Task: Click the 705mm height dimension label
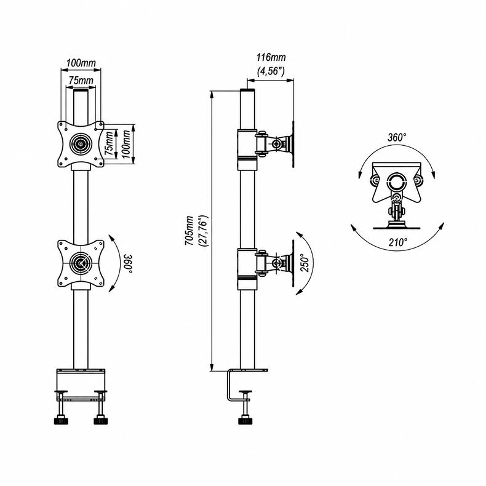point(189,231)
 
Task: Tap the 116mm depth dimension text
point(271,57)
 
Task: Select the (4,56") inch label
point(271,71)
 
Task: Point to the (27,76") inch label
point(204,231)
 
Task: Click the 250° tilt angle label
point(305,263)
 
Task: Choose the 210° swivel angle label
point(398,242)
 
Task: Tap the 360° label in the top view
point(397,137)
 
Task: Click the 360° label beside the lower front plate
point(128,264)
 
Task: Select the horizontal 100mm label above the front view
point(81,63)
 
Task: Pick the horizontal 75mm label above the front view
point(81,81)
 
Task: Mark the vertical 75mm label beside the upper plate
point(108,143)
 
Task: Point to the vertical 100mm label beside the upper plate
point(126,144)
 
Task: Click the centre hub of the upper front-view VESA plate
point(81,144)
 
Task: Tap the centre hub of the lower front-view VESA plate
point(81,263)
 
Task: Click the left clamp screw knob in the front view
point(61,421)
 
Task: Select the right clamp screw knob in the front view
point(100,421)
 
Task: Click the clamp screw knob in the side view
point(245,421)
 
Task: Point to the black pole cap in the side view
point(247,90)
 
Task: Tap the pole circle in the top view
point(396,181)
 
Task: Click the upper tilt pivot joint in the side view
point(276,143)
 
